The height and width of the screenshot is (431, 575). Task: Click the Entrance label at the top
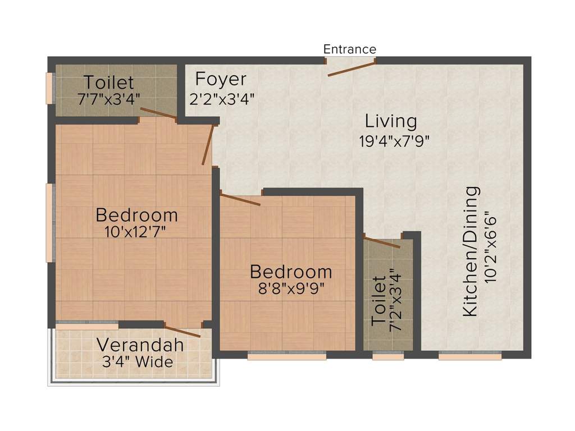tap(349, 49)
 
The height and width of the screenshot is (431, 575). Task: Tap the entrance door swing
tap(350, 68)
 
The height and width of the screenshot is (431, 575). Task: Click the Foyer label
tap(221, 79)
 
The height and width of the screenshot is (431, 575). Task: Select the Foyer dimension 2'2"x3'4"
tap(223, 100)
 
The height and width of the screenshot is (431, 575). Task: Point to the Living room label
tap(391, 121)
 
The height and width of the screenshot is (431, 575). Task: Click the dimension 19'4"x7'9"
tap(394, 141)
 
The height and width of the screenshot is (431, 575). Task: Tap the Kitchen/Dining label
tap(471, 251)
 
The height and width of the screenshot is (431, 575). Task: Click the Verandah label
tap(140, 345)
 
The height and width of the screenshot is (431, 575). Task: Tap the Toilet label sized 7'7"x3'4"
tap(109, 82)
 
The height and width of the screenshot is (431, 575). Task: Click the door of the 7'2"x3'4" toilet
tap(382, 242)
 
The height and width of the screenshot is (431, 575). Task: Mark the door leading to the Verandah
tap(182, 331)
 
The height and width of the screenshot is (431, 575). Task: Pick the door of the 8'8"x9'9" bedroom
tap(240, 199)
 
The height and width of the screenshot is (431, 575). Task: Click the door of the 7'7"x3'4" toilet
tap(158, 114)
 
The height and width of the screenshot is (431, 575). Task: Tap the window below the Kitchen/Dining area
tap(469, 355)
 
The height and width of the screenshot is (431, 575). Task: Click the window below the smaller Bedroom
tap(287, 355)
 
